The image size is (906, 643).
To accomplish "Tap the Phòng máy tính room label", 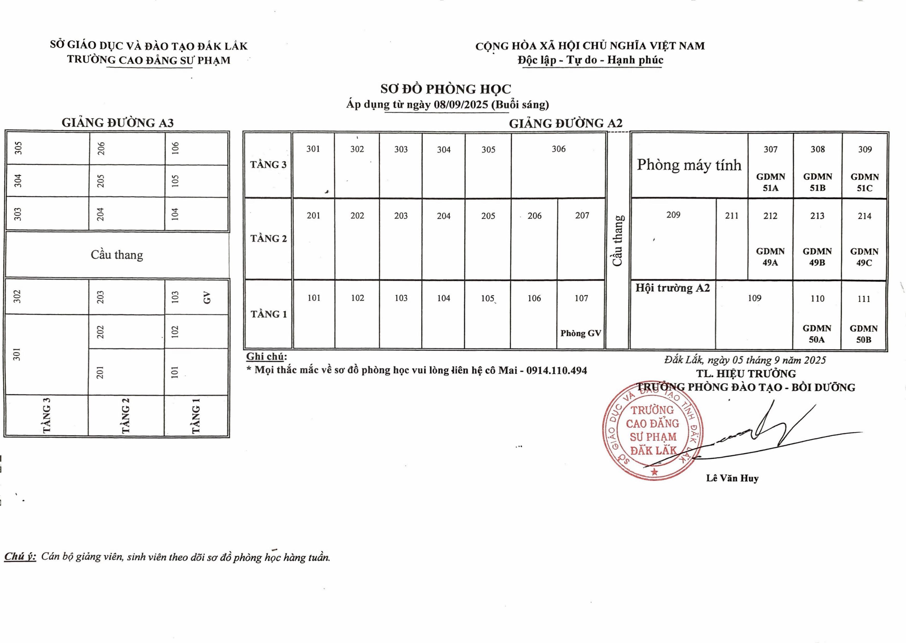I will (689, 165).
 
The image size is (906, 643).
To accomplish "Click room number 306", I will (558, 149).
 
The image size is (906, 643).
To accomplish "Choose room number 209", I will (673, 215).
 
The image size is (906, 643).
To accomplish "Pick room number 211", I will (732, 216).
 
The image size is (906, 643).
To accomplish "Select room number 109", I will (754, 298).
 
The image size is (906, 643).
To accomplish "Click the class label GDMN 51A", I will (770, 182).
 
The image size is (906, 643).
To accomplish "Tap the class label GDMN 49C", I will (864, 257).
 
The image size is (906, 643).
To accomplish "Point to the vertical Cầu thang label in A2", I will (618, 241).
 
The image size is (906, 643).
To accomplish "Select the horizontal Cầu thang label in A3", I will (117, 255).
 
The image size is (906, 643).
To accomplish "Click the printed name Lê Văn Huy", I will (732, 478).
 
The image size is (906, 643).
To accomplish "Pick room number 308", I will (817, 149).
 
